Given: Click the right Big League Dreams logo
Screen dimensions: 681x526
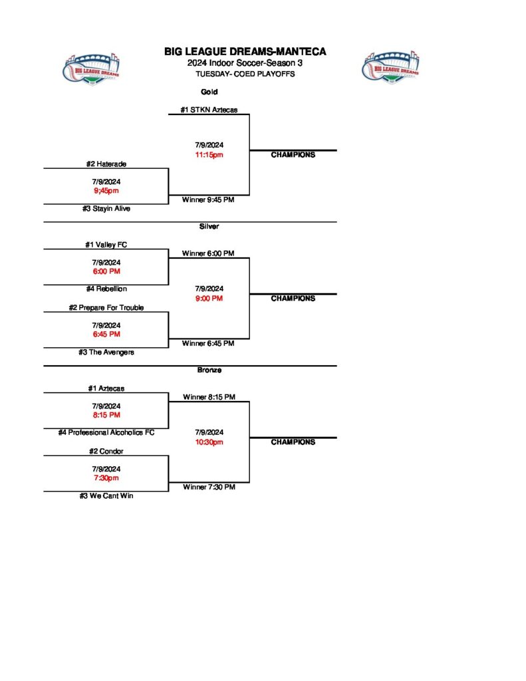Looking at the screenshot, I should pos(390,67).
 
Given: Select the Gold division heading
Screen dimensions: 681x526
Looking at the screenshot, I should pos(209,92).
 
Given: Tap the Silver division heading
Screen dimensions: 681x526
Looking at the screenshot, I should pos(209,226).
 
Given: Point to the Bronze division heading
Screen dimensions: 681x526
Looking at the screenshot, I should pos(209,370).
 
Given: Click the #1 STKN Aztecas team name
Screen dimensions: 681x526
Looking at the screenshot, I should pos(209,110).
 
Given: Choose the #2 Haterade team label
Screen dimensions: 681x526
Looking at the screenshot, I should pos(106,164).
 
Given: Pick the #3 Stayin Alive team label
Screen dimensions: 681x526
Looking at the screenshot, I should pos(106,208).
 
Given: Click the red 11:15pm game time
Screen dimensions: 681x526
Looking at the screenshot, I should pos(209,155).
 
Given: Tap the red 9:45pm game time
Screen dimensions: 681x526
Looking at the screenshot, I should pos(106,191).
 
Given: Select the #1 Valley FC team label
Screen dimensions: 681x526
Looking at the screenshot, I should pos(106,244).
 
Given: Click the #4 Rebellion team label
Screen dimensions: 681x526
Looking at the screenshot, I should pos(106,289).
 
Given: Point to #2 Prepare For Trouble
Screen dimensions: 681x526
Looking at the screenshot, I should pos(106,307).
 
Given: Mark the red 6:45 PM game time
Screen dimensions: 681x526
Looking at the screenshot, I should pos(106,335).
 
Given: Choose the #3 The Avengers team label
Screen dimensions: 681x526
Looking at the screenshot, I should pos(106,352).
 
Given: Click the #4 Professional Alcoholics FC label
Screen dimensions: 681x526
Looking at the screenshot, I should pos(106,432).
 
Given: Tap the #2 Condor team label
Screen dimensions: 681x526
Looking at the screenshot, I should pos(106,451).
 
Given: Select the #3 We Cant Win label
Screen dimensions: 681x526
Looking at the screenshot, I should pos(106,495).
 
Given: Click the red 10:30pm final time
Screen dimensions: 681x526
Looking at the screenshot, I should pos(209,442).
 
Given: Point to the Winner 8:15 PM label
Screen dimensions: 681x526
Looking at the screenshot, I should pos(209,397).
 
